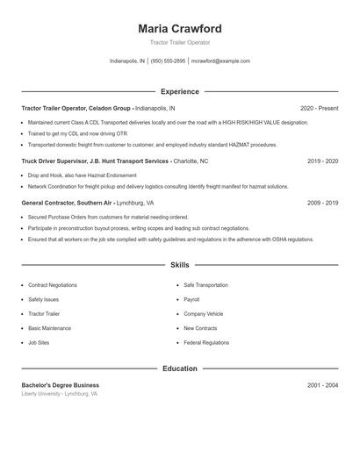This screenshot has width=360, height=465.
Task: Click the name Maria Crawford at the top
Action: [x=179, y=28]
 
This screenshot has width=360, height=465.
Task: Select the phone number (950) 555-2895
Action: [x=168, y=61]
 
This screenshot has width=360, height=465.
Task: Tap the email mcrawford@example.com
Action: [x=220, y=61]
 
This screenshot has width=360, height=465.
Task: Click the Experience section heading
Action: [x=179, y=91]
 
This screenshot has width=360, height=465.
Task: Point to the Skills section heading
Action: [x=179, y=264]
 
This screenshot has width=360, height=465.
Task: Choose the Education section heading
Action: [x=179, y=368]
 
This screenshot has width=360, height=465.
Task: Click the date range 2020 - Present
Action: [x=319, y=108]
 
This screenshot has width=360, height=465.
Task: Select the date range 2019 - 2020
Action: [x=322, y=161]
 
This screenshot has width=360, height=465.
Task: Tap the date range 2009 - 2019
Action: [x=322, y=203]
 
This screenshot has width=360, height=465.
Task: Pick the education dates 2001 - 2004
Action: [x=322, y=385]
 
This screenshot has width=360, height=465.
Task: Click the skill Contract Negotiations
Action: [x=53, y=285]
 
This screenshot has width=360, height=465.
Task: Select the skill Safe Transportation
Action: [x=205, y=285]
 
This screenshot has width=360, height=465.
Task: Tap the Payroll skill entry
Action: [x=191, y=299]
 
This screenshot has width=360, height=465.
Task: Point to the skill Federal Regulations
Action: [x=206, y=342]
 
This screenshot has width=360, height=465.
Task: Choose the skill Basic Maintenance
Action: [x=50, y=328]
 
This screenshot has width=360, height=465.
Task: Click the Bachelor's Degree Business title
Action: [x=60, y=385]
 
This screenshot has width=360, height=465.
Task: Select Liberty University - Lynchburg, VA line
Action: [x=60, y=394]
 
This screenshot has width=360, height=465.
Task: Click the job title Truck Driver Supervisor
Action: [x=54, y=161]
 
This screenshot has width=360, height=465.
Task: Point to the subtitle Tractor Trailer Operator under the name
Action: [x=179, y=42]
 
